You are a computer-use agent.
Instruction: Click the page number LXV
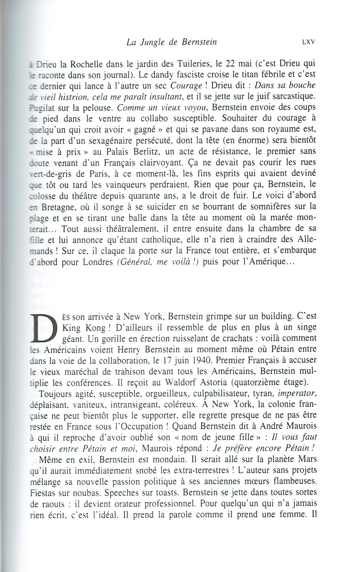309,42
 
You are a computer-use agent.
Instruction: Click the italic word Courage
186,86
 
